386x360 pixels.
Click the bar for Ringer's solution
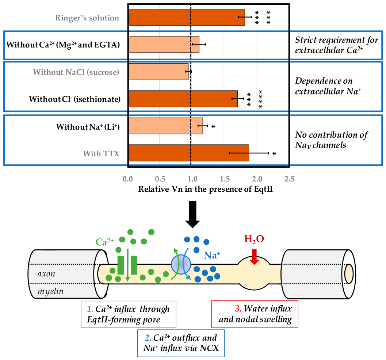pyautogui.click(x=187, y=17)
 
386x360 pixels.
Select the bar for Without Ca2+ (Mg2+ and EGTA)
pyautogui.click(x=164, y=45)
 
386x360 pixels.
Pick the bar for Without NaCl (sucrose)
pyautogui.click(x=158, y=72)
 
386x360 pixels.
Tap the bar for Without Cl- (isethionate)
pyautogui.click(x=183, y=99)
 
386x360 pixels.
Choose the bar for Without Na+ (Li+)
pyautogui.click(x=166, y=126)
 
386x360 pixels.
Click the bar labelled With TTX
pyautogui.click(x=188, y=153)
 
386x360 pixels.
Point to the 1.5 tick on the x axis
pyautogui.click(x=225, y=179)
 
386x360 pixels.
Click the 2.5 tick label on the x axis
pyautogui.click(x=290, y=179)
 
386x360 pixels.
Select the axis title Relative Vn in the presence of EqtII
pyautogui.click(x=206, y=189)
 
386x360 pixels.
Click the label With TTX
pyautogui.click(x=101, y=154)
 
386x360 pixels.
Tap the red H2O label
pyautogui.click(x=254, y=239)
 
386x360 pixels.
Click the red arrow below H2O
pyautogui.click(x=254, y=257)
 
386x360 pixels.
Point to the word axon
pyautogui.click(x=46, y=274)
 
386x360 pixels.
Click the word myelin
pyautogui.click(x=50, y=292)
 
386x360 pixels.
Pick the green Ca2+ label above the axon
pyautogui.click(x=104, y=242)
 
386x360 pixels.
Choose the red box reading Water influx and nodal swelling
pyautogui.click(x=255, y=314)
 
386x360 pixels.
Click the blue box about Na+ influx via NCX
pyautogui.click(x=181, y=343)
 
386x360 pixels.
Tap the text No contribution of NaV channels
pyautogui.click(x=331, y=140)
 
